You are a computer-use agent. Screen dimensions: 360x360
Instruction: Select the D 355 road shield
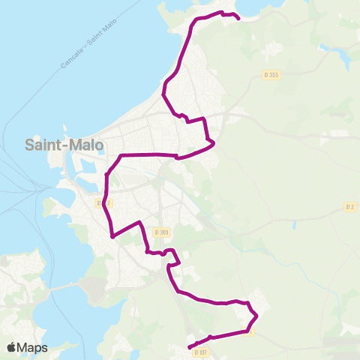271,74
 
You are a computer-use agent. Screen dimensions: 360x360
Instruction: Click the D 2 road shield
349,206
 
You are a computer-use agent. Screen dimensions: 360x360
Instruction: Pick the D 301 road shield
160,233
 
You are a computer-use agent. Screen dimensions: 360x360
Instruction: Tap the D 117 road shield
199,352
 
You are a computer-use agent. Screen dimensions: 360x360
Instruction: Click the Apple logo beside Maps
13,347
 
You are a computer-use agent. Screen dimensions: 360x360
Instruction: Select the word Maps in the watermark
34,347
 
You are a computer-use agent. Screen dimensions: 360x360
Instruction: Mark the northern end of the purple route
238,17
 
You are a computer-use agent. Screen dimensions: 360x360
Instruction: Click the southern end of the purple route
188,347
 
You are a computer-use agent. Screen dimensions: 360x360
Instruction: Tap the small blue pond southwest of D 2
295,224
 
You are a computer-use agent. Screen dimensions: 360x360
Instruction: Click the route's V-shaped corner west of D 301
112,236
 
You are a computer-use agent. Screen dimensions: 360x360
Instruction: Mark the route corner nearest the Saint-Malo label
120,155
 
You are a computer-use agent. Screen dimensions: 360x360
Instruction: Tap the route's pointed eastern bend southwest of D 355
214,142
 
